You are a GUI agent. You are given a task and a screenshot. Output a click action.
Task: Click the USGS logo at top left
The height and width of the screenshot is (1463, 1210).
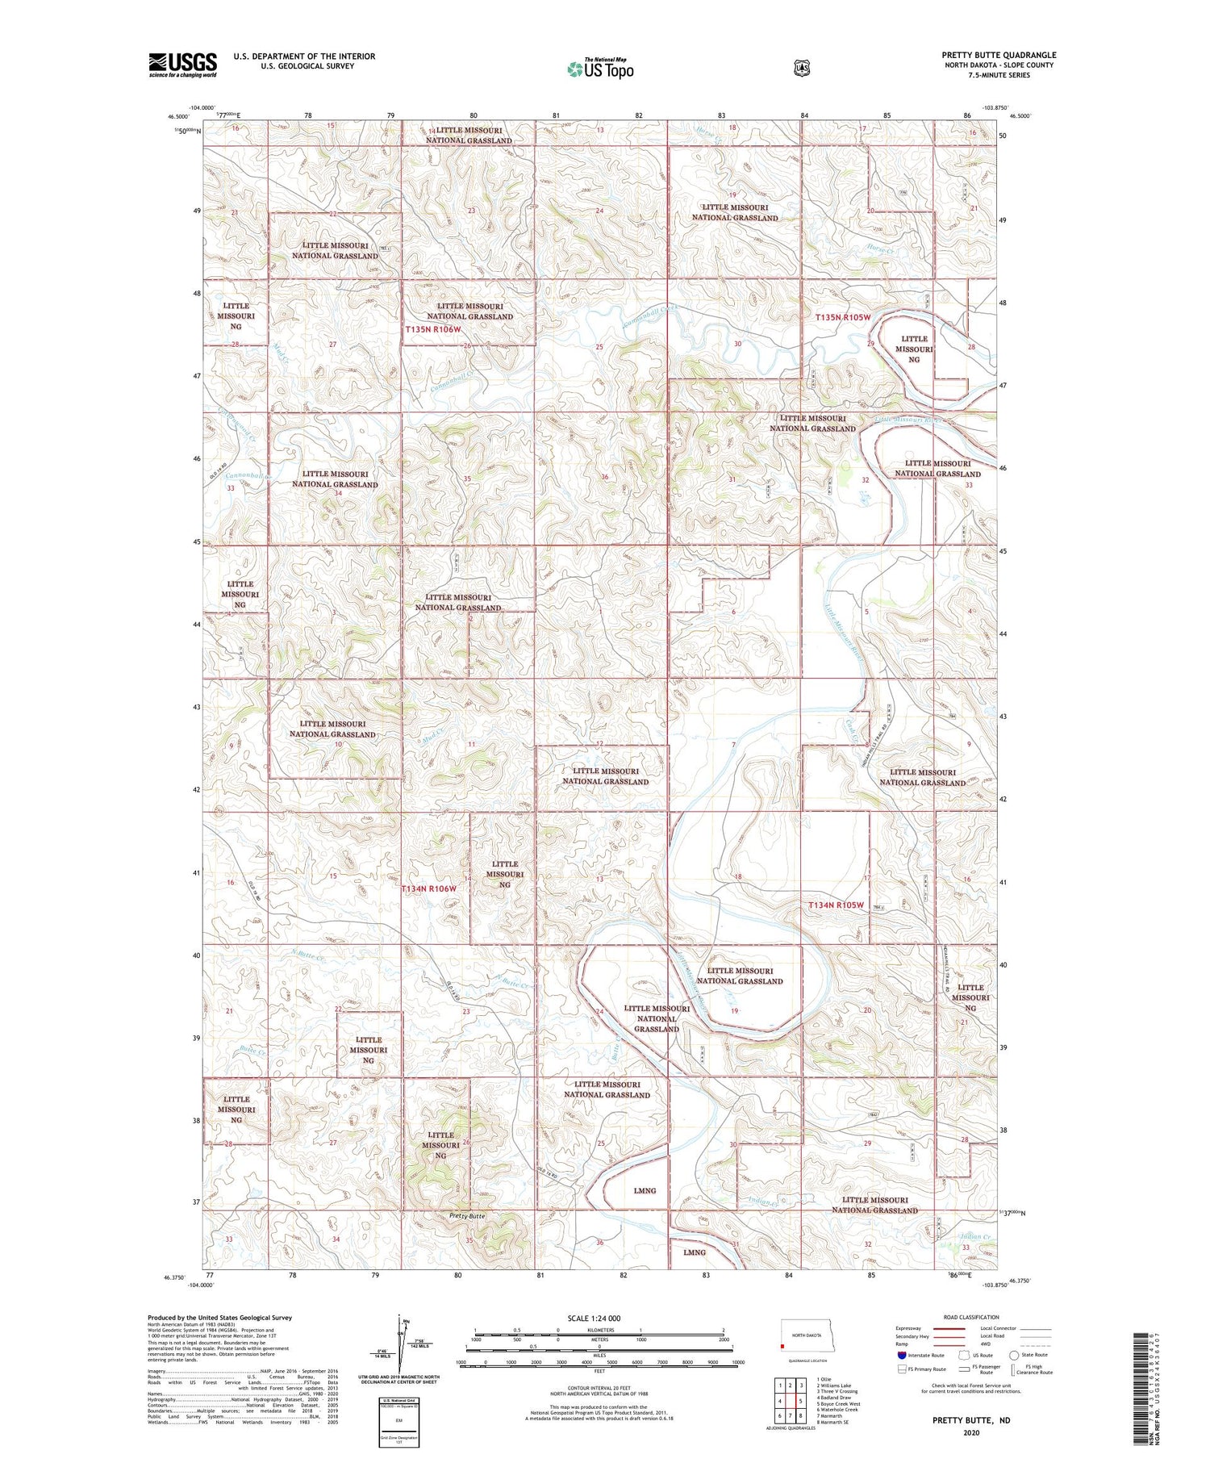pyautogui.click(x=182, y=65)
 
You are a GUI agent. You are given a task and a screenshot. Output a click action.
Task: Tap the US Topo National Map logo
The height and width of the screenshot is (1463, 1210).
pyautogui.click(x=600, y=69)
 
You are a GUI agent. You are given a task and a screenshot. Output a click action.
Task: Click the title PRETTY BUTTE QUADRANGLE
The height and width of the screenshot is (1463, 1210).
pyautogui.click(x=999, y=55)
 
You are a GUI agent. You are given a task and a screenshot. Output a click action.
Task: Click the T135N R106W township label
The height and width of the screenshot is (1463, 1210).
pyautogui.click(x=432, y=329)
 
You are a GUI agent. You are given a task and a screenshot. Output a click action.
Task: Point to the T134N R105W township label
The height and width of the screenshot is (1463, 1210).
pyautogui.click(x=836, y=905)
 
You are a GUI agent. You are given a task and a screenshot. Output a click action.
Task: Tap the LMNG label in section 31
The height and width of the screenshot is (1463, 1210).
pyautogui.click(x=694, y=1252)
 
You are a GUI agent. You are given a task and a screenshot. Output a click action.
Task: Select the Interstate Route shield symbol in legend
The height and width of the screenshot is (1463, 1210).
pyautogui.click(x=901, y=1355)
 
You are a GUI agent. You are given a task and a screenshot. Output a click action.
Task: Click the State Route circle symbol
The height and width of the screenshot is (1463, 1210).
pyautogui.click(x=1014, y=1355)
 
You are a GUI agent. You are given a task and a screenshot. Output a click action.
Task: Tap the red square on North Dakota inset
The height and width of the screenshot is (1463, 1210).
pyautogui.click(x=782, y=1346)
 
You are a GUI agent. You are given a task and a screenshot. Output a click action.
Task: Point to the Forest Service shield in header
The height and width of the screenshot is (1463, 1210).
pyautogui.click(x=801, y=69)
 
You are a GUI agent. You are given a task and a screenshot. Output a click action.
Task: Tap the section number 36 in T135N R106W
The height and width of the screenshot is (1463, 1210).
pyautogui.click(x=603, y=477)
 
